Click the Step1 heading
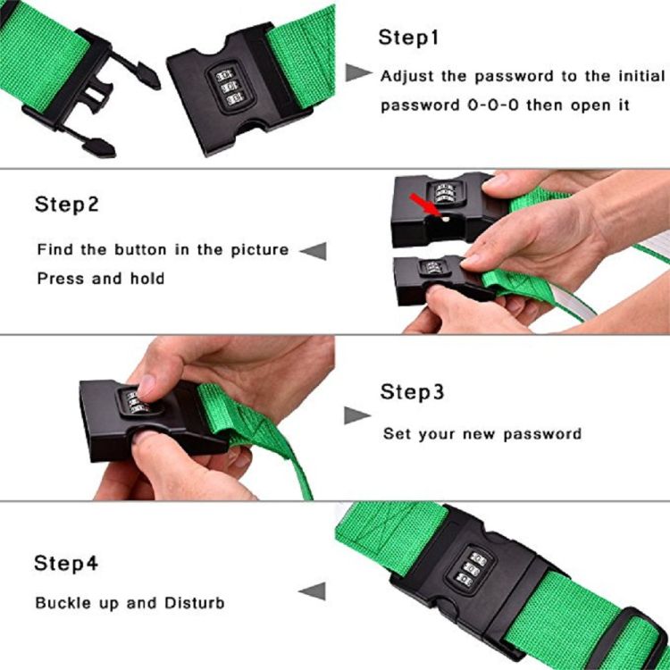click(x=408, y=38)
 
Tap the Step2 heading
click(x=67, y=205)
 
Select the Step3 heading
click(x=412, y=392)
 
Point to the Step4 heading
click(x=66, y=563)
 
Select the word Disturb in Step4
click(x=195, y=603)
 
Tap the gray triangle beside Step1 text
click(x=358, y=72)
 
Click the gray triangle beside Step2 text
click(x=314, y=251)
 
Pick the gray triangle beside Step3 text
click(x=357, y=415)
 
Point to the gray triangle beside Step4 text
click(x=313, y=591)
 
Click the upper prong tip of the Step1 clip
click(x=159, y=86)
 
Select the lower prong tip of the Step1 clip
click(x=113, y=153)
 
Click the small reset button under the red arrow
click(x=445, y=219)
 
